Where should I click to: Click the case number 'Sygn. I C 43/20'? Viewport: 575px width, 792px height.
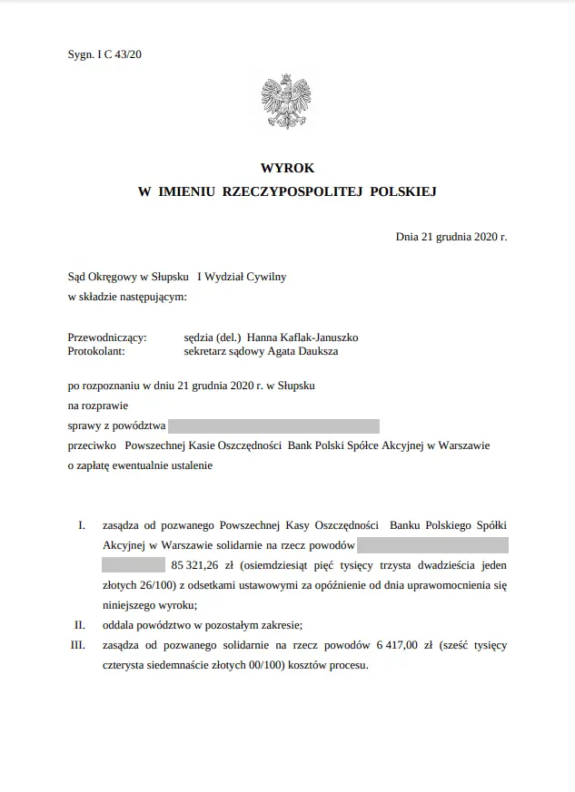[x=104, y=54]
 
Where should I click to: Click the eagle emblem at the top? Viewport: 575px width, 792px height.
[x=287, y=102]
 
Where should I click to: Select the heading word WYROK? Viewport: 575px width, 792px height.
[x=287, y=169]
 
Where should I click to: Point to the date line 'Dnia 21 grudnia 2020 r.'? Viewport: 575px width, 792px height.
[x=451, y=237]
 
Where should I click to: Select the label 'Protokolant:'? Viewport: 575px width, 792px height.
[x=96, y=350]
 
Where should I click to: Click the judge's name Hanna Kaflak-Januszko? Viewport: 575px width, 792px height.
[x=309, y=337]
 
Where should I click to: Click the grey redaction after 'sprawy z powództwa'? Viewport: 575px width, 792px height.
[x=273, y=426]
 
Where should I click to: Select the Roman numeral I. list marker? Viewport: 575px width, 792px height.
[x=81, y=525]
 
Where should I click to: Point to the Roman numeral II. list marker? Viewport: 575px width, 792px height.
[x=79, y=625]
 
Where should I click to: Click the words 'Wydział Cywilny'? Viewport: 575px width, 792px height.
[x=247, y=277]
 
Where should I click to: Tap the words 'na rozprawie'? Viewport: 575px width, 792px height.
[x=98, y=406]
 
